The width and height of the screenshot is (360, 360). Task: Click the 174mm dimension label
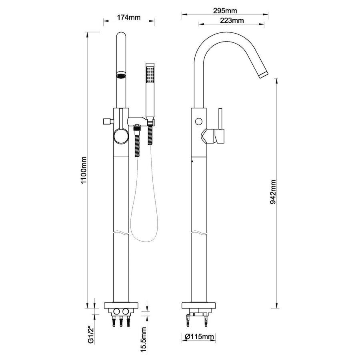pos(128,17)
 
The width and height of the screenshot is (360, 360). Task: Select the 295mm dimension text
pos(225,10)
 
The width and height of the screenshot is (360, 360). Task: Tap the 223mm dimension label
pos(232,20)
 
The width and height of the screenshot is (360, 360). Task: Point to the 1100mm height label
pos(84,170)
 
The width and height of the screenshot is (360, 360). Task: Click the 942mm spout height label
pos(273,192)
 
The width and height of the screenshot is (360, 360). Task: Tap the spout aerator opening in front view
pos(121,75)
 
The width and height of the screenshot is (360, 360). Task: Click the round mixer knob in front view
pos(120,136)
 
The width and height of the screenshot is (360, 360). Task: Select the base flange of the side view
pos(198,306)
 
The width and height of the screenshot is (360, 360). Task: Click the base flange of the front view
pos(121,306)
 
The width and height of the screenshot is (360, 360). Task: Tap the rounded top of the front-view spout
pos(121,36)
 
